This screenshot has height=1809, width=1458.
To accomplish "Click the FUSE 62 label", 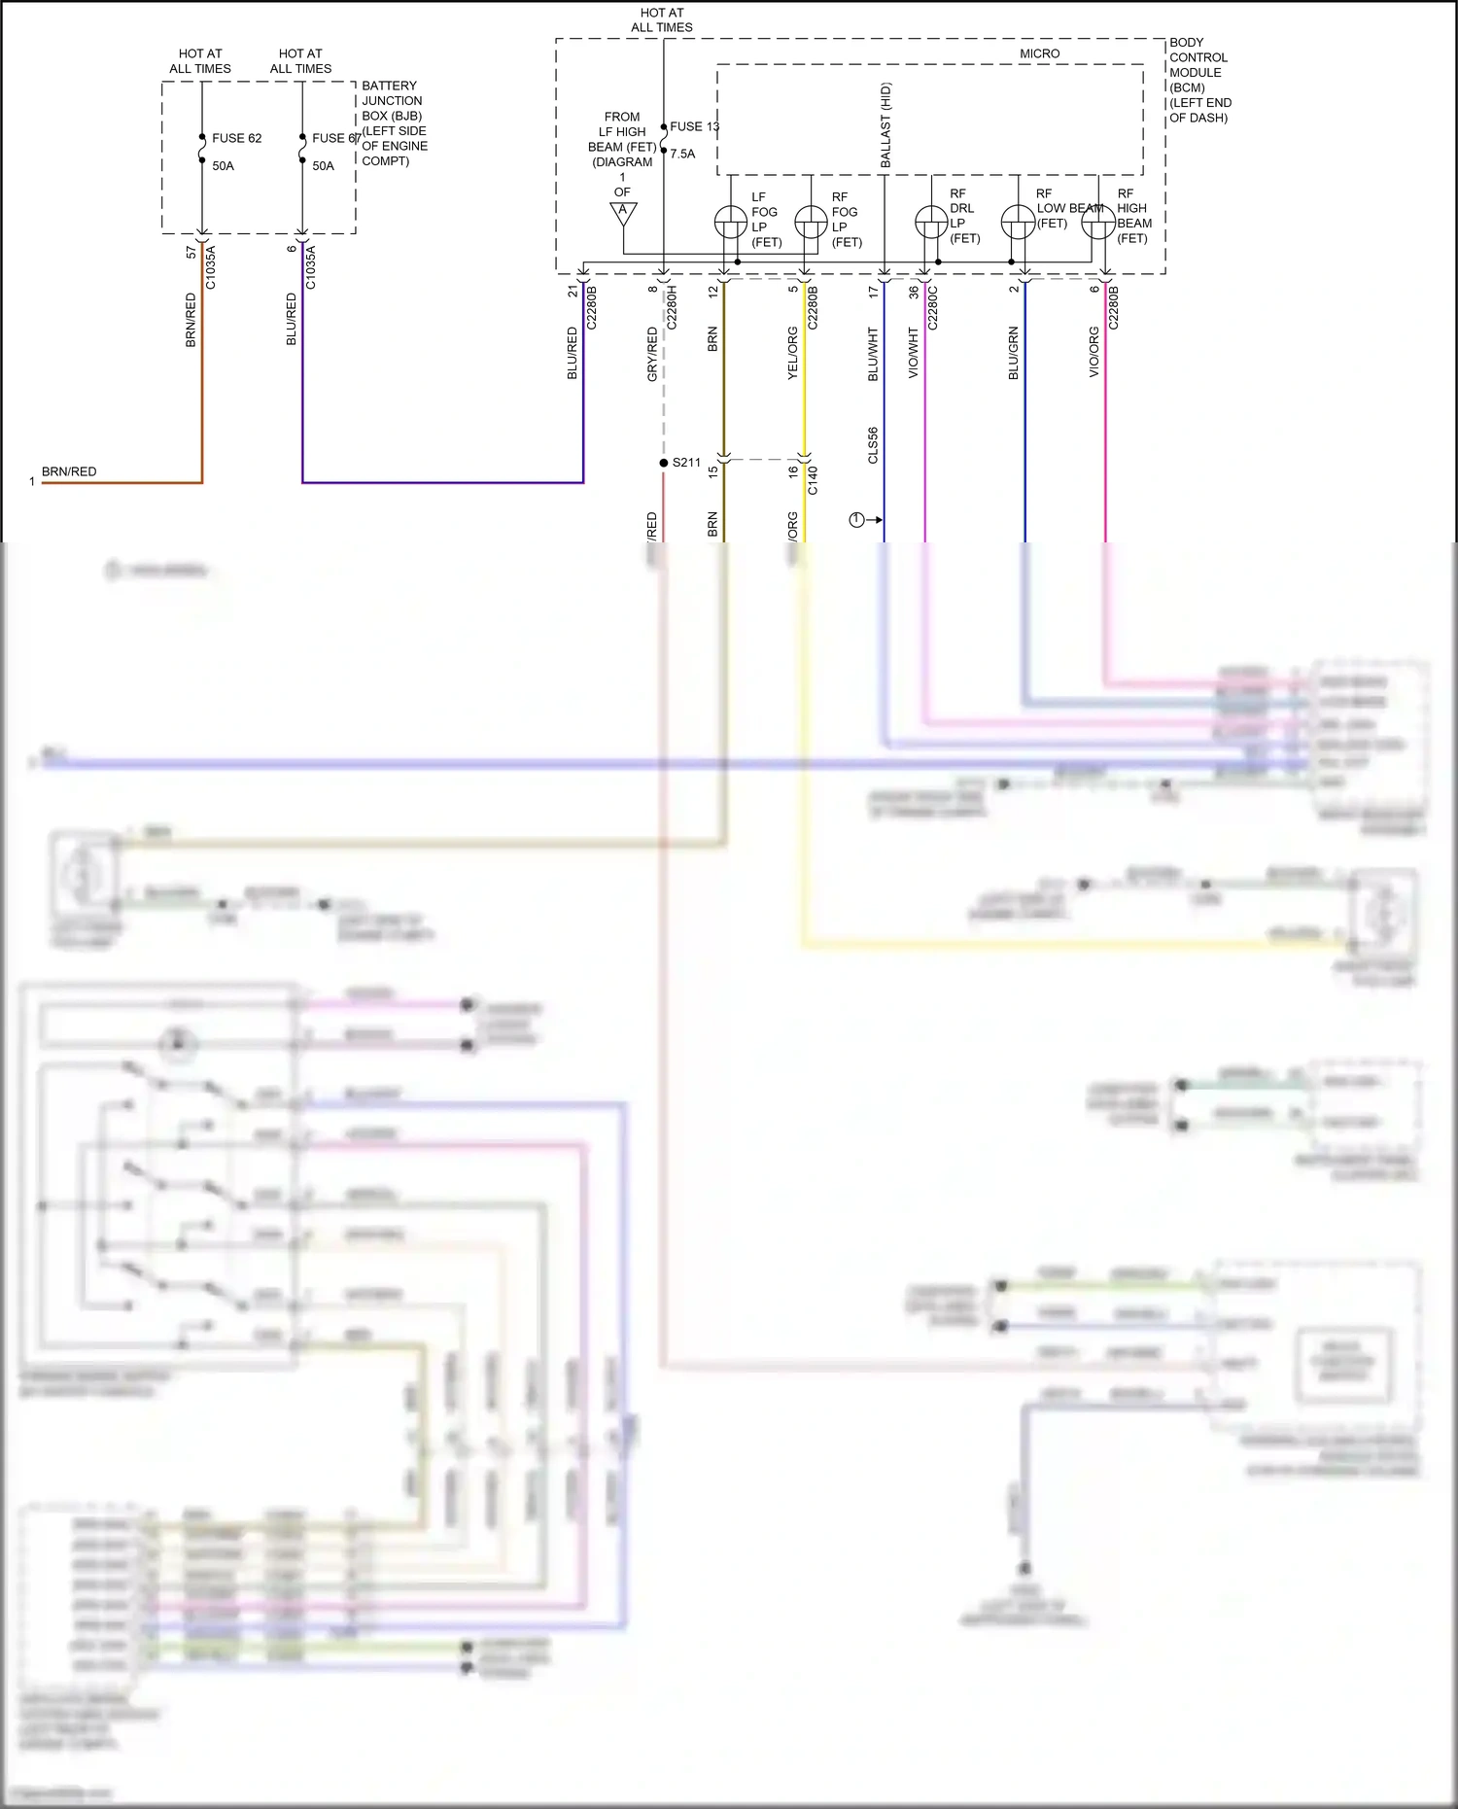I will pos(236,138).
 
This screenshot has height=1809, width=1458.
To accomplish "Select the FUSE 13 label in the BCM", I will pos(694,126).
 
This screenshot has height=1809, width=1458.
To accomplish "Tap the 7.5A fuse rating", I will pos(682,154).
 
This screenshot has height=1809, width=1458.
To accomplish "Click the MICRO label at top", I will pos(1039,53).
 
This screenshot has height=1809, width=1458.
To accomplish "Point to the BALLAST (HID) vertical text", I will pos(885,125).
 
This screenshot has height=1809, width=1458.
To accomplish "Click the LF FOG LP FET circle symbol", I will pos(730,223).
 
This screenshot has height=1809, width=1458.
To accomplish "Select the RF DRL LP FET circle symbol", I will pos(931,223).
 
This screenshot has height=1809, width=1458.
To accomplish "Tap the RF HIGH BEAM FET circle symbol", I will pos(1097,223).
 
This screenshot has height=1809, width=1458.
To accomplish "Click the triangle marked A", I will pos(623,212).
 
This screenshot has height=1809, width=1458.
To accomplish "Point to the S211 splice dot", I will pos(664,463).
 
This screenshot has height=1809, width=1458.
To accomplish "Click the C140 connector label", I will pos(813,480).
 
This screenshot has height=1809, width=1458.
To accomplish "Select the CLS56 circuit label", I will pos(873,445).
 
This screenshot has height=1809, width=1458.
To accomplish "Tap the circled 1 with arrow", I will pos(856,520).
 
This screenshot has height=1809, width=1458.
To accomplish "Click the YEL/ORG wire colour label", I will pos(792,353).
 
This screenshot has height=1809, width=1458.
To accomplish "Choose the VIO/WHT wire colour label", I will pos(913,353).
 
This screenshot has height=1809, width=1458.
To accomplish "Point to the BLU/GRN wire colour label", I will pos(1013,353).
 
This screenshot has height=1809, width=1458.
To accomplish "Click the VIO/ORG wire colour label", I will pos(1093,353).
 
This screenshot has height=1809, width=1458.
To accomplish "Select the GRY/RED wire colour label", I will pos(652,354).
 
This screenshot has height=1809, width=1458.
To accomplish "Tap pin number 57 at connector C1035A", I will pos(191,252).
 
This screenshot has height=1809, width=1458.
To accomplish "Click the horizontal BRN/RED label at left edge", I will pos(69,471).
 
